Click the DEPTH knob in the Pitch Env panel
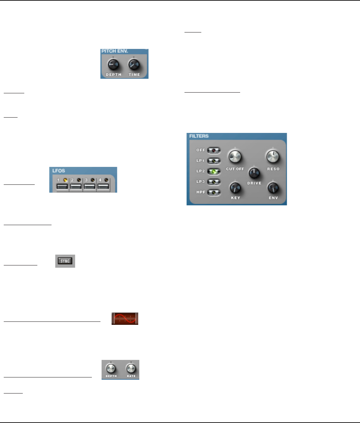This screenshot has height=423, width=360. [x=113, y=65]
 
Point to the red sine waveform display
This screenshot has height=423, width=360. [x=125, y=319]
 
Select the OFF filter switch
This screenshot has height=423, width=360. [x=214, y=150]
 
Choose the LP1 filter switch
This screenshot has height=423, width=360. [x=214, y=161]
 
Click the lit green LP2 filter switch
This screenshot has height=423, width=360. [x=214, y=171]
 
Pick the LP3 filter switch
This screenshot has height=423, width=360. [x=214, y=182]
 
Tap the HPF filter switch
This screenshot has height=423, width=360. [x=214, y=193]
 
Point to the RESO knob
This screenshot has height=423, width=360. [x=273, y=156]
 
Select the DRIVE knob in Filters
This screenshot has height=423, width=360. [x=254, y=172]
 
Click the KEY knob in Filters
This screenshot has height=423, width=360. [x=235, y=187]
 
